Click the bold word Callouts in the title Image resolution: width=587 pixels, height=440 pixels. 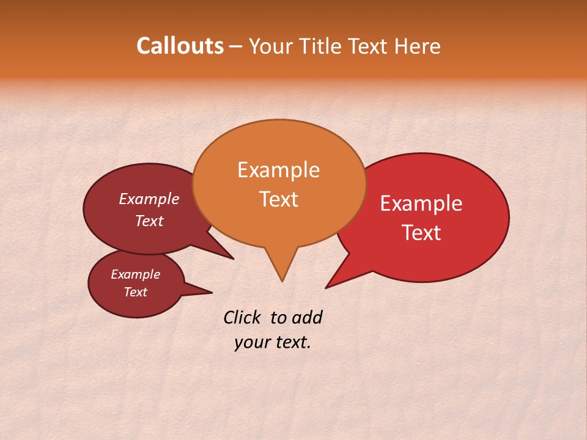180,46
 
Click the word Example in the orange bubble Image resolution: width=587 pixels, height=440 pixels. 278,170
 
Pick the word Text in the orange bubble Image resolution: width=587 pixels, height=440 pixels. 279,199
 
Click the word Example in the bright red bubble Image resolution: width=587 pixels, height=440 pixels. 421,204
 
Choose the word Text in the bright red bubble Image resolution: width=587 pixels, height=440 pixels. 422,233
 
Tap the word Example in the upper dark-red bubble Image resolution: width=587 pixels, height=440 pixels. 149,199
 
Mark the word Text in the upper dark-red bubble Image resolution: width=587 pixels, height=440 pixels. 149,221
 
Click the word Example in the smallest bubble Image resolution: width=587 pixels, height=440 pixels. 135,274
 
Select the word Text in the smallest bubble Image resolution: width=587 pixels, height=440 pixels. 136,292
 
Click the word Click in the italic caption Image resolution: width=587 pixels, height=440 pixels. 243,317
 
